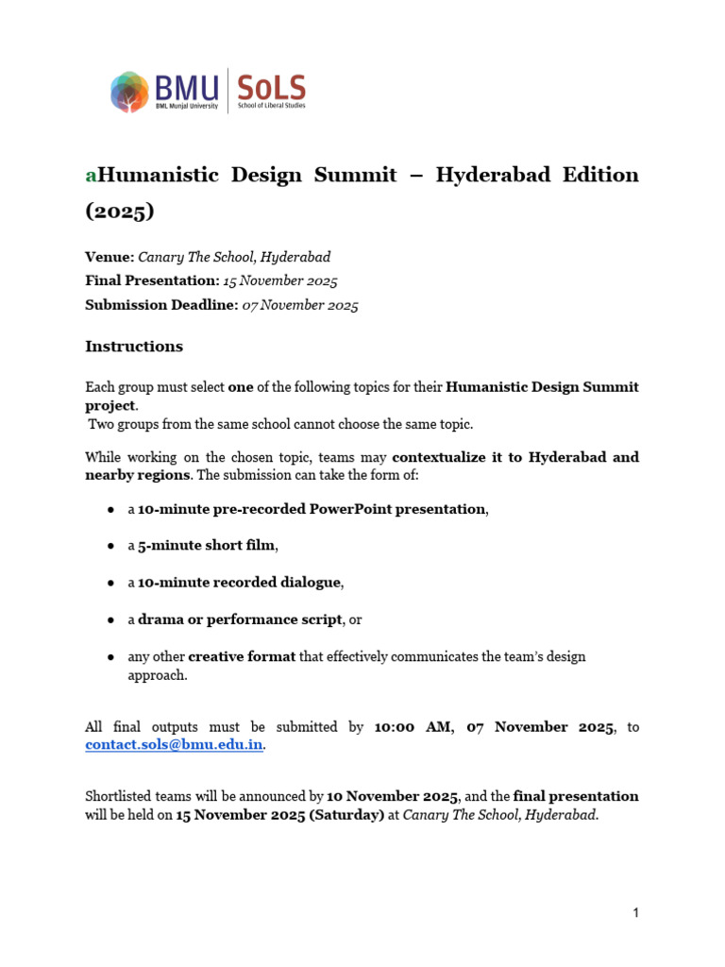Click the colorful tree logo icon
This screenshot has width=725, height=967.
tap(129, 92)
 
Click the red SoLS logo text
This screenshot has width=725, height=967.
tap(271, 89)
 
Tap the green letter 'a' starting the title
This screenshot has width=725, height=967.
tap(91, 176)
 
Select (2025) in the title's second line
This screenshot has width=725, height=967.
tap(120, 212)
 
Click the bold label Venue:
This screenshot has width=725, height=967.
tap(110, 257)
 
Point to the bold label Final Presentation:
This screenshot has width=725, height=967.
tap(151, 280)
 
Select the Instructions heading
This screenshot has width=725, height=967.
tap(134, 347)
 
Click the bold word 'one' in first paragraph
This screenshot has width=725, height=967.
tap(241, 387)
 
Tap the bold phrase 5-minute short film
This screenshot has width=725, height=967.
tap(207, 546)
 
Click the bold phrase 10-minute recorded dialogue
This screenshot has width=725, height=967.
tap(239, 583)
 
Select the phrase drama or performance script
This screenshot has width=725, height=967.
tap(239, 619)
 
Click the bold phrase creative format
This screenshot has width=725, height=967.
tap(242, 656)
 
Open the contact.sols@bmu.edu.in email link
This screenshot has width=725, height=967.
tap(175, 745)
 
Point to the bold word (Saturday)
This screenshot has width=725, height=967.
tap(343, 815)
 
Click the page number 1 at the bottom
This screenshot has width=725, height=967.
tap(636, 913)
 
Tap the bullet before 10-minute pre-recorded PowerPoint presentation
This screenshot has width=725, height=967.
tap(111, 510)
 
